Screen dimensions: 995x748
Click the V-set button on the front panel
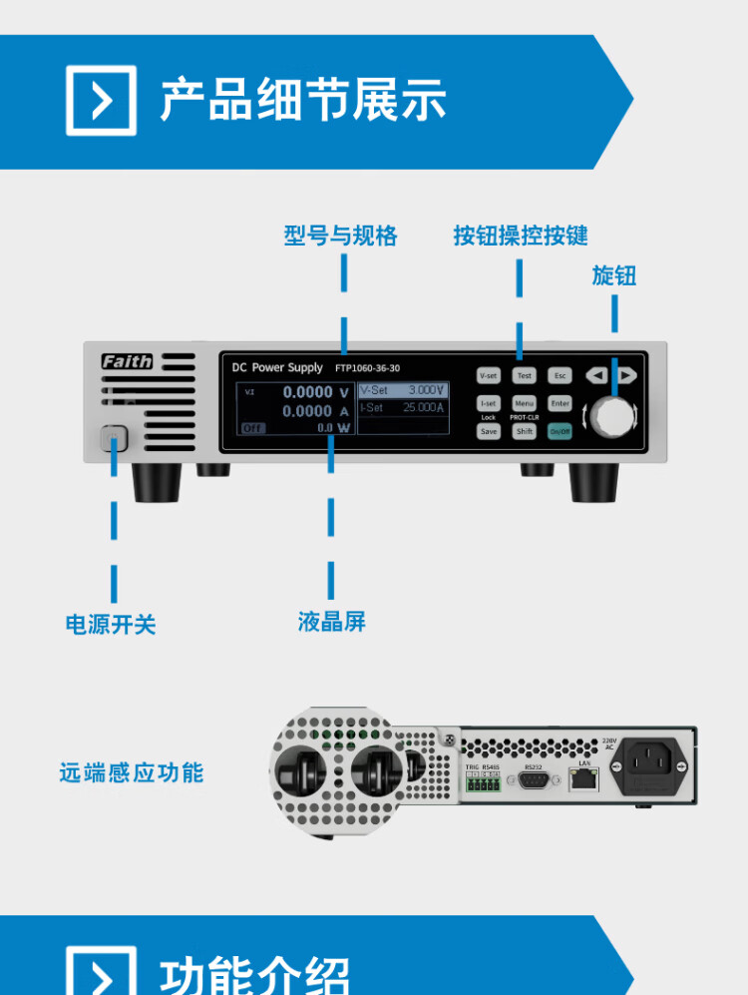[x=488, y=376]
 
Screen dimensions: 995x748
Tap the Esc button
[x=560, y=376]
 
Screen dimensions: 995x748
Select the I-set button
[x=488, y=403]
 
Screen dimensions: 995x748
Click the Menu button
[x=524, y=403]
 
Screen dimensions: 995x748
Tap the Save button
[x=488, y=431]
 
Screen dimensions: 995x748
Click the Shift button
[x=524, y=431]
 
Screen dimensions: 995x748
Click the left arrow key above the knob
[x=596, y=375]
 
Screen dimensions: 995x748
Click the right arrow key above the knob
[x=626, y=375]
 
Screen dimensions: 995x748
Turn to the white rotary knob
[x=613, y=416]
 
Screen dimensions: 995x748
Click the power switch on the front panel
[x=114, y=439]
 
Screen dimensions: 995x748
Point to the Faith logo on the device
[x=127, y=361]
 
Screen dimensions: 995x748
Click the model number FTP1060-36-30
[x=367, y=368]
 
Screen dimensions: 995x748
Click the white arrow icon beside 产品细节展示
[x=101, y=101]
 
